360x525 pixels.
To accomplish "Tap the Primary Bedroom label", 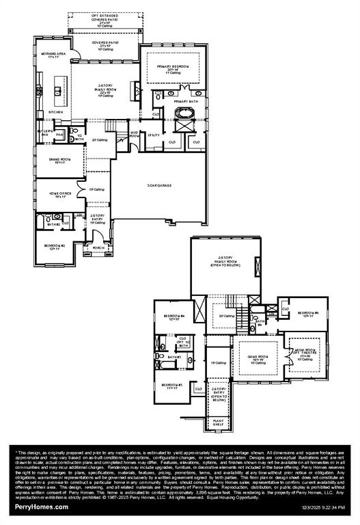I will [172, 68].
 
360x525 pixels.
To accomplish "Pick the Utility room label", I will [154, 135].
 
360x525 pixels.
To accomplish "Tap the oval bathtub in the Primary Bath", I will [184, 125].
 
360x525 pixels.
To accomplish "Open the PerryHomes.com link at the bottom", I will [42, 507].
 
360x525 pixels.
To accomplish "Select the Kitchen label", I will [55, 112].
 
